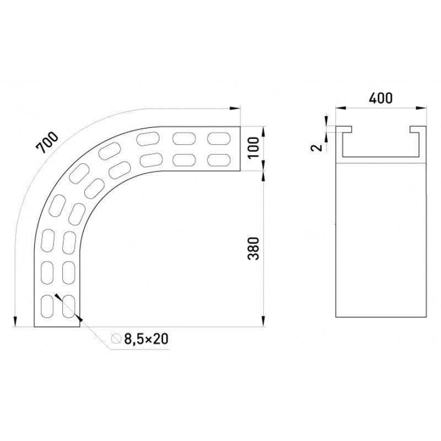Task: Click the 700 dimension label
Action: point(47,143)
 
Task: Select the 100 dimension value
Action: point(254,148)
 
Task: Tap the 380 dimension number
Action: point(254,249)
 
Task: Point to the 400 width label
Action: point(380,98)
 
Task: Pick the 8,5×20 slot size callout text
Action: point(146,339)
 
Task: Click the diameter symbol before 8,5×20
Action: point(116,338)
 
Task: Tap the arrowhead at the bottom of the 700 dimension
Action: point(15,321)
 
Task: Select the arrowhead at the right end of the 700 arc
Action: point(235,108)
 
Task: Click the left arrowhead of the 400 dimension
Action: point(341,107)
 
